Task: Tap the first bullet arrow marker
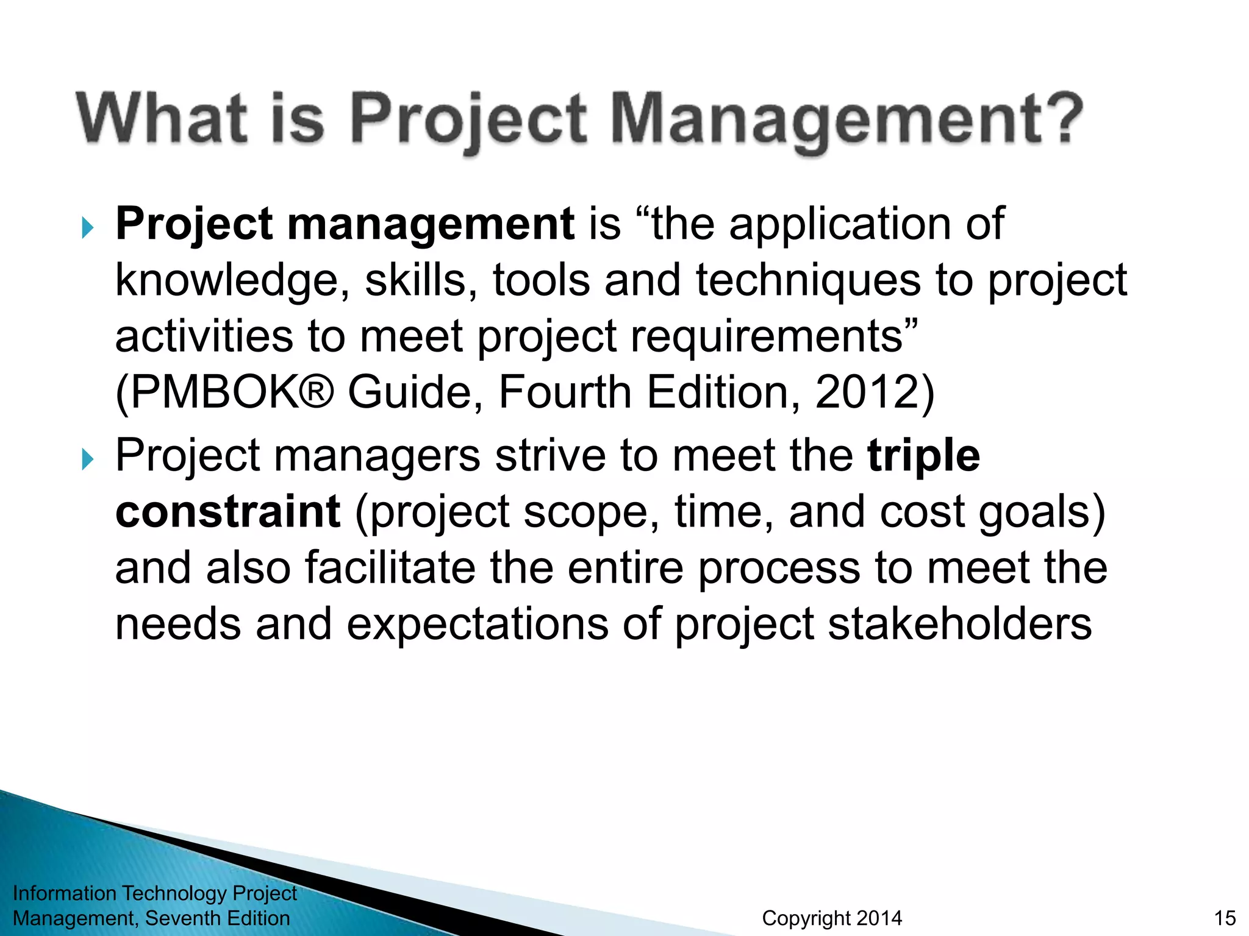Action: [88, 229]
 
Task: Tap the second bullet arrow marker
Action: [88, 459]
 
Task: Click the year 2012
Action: [867, 392]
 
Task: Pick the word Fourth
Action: [565, 392]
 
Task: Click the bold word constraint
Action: [227, 512]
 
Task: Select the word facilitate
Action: [390, 568]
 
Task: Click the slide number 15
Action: [1225, 918]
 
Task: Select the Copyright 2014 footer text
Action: [832, 918]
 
